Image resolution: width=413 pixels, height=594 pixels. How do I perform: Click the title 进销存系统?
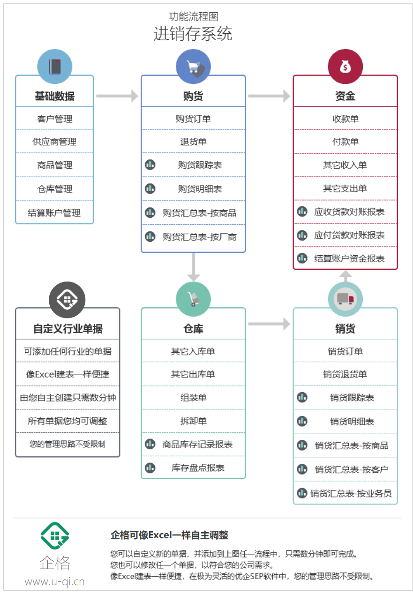click(193, 34)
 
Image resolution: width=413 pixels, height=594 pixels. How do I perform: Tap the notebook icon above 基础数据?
click(55, 67)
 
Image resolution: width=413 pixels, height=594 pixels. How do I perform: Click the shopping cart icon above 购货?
click(193, 67)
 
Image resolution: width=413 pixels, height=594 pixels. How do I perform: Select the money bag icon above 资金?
click(345, 67)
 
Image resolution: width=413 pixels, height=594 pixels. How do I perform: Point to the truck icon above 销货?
click(345, 299)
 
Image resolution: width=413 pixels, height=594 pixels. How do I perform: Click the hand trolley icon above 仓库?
click(193, 299)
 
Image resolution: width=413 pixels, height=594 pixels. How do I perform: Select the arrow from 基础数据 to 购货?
click(117, 96)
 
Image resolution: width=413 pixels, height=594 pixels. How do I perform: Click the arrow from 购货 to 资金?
click(269, 96)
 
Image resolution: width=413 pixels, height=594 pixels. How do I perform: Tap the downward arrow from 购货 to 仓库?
click(194, 267)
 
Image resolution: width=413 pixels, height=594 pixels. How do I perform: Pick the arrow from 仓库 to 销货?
click(269, 324)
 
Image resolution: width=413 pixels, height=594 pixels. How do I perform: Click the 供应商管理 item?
click(54, 141)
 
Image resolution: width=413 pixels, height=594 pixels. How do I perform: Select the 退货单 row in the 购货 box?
click(193, 141)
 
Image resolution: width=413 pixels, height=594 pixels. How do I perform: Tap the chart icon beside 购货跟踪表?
click(150, 165)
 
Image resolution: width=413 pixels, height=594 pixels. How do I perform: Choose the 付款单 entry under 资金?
click(345, 141)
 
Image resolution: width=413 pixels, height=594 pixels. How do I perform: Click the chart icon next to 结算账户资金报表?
click(302, 258)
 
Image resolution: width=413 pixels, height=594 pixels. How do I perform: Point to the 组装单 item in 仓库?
click(193, 397)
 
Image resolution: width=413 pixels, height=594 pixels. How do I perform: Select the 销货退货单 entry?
click(345, 374)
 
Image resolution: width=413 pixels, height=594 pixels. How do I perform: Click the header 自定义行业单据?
click(68, 328)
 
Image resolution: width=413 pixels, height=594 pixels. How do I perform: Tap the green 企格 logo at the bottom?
click(55, 535)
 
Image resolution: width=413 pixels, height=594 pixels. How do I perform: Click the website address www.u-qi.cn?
click(54, 582)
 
